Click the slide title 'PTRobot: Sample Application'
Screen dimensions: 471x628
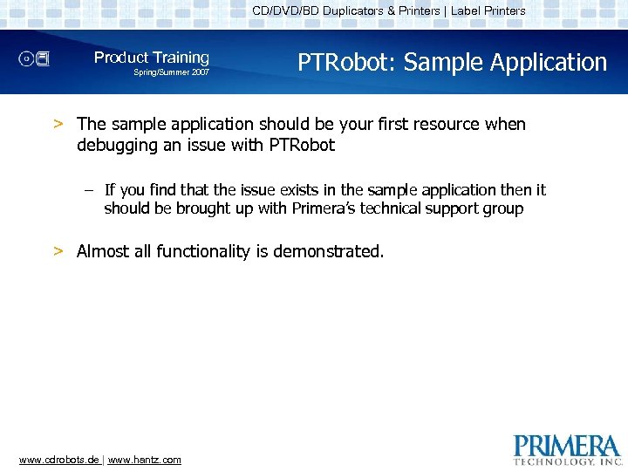click(452, 63)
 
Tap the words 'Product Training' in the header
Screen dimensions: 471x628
click(152, 58)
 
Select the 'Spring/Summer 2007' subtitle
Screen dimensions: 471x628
click(171, 72)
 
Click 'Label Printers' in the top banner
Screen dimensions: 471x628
click(488, 11)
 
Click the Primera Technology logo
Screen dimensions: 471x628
click(567, 448)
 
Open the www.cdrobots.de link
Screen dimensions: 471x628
click(58, 460)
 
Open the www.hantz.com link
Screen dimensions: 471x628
click(145, 460)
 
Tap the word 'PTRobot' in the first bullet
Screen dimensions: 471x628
click(303, 145)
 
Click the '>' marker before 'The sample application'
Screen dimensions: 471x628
click(58, 124)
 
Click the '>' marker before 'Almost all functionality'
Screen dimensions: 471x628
click(58, 251)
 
